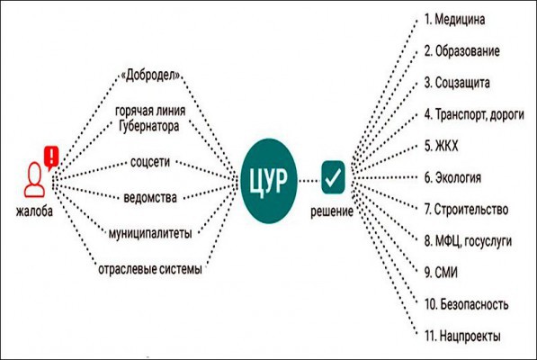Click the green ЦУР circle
(268, 181)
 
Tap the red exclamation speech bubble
(51, 157)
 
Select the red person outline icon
(34, 179)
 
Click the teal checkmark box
(333, 177)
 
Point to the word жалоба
(34, 211)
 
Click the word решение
(332, 211)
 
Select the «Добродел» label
(150, 76)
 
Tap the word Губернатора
(149, 126)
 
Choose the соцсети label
(150, 162)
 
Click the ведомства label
(150, 198)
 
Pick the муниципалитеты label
(150, 233)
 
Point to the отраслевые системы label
(150, 269)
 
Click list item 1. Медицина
(454, 19)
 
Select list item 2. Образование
(462, 51)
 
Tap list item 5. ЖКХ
(441, 146)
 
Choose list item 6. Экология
(452, 178)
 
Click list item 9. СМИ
(441, 273)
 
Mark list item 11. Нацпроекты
(462, 336)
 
